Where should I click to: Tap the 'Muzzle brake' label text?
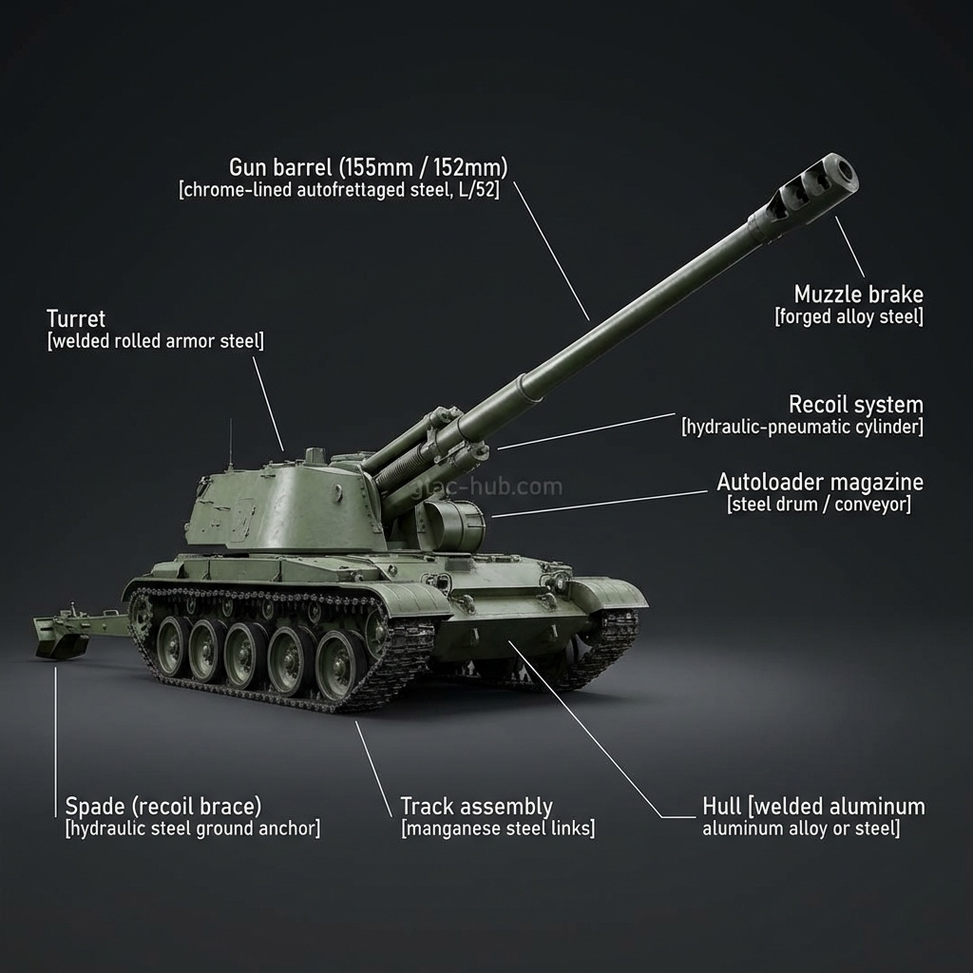858,294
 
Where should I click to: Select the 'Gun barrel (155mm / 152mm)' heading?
369,167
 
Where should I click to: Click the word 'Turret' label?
76,318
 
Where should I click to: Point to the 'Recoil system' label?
855,405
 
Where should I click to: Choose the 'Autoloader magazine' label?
819,482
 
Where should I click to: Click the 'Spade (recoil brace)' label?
162,807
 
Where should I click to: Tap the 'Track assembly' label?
476,807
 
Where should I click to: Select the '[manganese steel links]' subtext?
498,830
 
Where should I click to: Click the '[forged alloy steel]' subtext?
849,316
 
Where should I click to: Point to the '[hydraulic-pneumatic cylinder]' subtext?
802,427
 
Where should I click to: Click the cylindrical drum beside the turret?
453,525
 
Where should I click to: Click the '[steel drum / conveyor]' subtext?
818,505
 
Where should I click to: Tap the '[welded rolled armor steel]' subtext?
155,341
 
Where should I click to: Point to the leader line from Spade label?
55,741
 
